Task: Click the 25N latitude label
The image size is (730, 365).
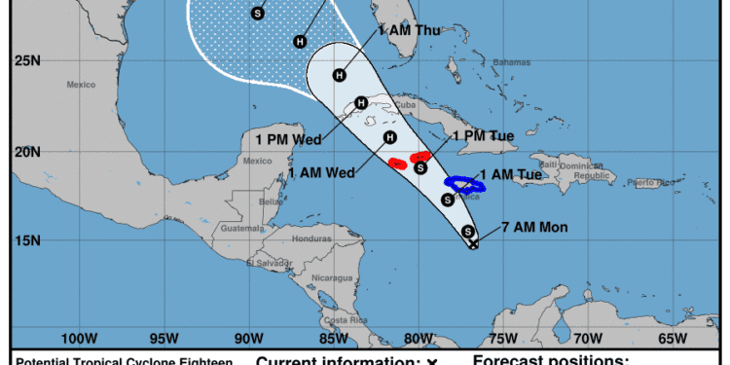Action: pyautogui.click(x=27, y=61)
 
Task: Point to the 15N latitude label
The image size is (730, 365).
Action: pyautogui.click(x=27, y=240)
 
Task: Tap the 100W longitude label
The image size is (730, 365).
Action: pyautogui.click(x=78, y=339)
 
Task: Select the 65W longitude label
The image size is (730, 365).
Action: pyautogui.click(x=672, y=339)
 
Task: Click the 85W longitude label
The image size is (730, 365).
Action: pyautogui.click(x=333, y=339)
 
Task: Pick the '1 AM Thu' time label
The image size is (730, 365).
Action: pyautogui.click(x=413, y=30)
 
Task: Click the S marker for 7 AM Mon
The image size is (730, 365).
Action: pyautogui.click(x=468, y=232)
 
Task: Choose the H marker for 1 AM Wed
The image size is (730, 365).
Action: pyautogui.click(x=389, y=137)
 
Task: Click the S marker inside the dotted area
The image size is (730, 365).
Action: pyautogui.click(x=257, y=13)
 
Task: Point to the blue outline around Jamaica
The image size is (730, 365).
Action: pyautogui.click(x=464, y=183)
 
